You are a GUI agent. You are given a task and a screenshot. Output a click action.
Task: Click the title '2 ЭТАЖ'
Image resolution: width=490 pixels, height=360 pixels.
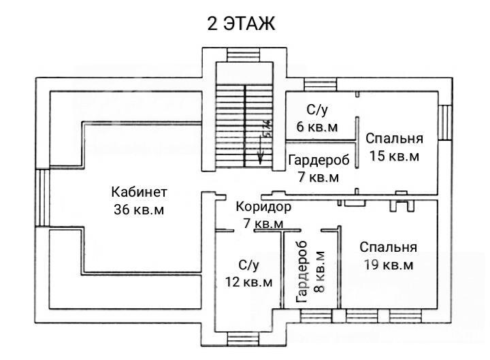[241, 23]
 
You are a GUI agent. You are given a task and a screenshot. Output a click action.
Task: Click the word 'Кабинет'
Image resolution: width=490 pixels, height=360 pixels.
[140, 192]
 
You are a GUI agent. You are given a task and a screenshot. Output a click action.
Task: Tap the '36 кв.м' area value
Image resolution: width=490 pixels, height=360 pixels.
[139, 210]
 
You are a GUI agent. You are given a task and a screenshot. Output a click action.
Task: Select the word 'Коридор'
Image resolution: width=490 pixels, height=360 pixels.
[263, 207]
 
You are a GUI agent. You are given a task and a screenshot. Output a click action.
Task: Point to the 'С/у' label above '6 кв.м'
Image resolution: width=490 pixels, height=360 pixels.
[317, 110]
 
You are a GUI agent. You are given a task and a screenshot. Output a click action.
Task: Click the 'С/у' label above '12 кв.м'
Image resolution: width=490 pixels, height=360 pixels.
[249, 265]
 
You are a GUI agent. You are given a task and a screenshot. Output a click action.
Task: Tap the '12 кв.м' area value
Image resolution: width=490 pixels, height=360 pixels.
[249, 282]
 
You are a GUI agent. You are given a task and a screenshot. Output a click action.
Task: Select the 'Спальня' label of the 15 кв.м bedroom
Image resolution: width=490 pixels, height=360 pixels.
[394, 138]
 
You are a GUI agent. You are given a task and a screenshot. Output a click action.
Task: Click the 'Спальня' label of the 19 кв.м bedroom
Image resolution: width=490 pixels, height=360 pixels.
[388, 247]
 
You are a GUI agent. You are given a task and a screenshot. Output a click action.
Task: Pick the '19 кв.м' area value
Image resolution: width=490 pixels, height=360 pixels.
[389, 265]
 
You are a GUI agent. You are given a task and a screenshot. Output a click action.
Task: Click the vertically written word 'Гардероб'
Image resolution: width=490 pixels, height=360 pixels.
[302, 272]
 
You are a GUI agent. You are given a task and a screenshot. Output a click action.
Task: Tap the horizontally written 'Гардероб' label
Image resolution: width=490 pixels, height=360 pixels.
[318, 161]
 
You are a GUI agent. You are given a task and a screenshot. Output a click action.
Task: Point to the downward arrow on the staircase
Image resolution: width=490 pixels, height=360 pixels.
[261, 147]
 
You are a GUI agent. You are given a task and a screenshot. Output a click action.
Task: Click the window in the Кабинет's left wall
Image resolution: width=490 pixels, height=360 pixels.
[42, 197]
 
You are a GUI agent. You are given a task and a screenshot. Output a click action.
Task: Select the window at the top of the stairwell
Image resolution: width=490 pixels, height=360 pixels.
[244, 55]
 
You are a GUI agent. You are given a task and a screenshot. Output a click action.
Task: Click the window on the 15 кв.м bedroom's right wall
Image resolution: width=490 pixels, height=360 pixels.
[445, 122]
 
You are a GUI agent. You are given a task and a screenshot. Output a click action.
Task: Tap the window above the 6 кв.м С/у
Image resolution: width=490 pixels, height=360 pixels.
[321, 84]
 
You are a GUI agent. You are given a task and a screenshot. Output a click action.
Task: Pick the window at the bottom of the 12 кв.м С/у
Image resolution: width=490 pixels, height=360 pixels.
[244, 339]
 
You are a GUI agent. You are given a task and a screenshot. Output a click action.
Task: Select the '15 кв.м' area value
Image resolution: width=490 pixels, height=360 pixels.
[394, 156]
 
